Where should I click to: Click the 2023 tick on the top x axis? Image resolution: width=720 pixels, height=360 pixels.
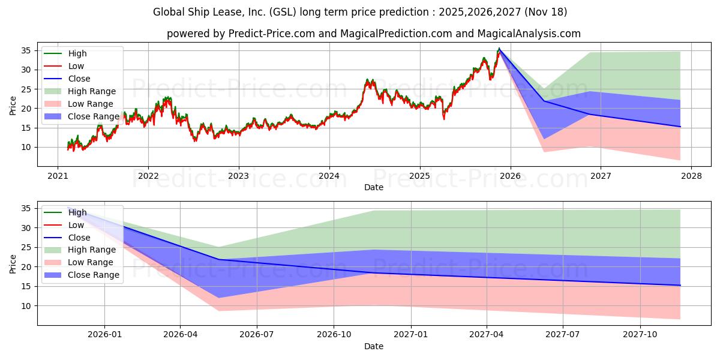point(239,176)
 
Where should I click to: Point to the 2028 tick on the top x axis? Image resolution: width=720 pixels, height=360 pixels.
point(691,176)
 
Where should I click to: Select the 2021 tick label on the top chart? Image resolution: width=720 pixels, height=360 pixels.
point(58,176)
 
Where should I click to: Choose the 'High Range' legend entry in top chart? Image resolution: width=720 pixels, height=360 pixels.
point(91,91)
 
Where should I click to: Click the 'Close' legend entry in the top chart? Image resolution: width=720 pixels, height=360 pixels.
point(79,79)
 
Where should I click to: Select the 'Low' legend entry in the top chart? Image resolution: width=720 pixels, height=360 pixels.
point(76,66)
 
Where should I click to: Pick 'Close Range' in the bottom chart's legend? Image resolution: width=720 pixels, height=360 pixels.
point(93,275)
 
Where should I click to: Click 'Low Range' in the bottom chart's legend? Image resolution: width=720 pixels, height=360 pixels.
point(90,262)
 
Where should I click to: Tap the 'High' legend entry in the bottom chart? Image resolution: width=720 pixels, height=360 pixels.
point(77,212)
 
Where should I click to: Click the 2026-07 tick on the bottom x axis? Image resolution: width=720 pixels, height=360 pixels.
point(257,335)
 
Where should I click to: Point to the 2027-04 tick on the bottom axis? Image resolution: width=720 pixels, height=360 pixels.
point(487,335)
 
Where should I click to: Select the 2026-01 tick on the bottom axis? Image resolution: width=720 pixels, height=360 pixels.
point(104,335)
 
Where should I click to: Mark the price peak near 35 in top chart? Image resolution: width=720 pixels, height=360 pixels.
point(499,49)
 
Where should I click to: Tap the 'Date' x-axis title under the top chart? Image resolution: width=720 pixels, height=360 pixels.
point(373,188)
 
